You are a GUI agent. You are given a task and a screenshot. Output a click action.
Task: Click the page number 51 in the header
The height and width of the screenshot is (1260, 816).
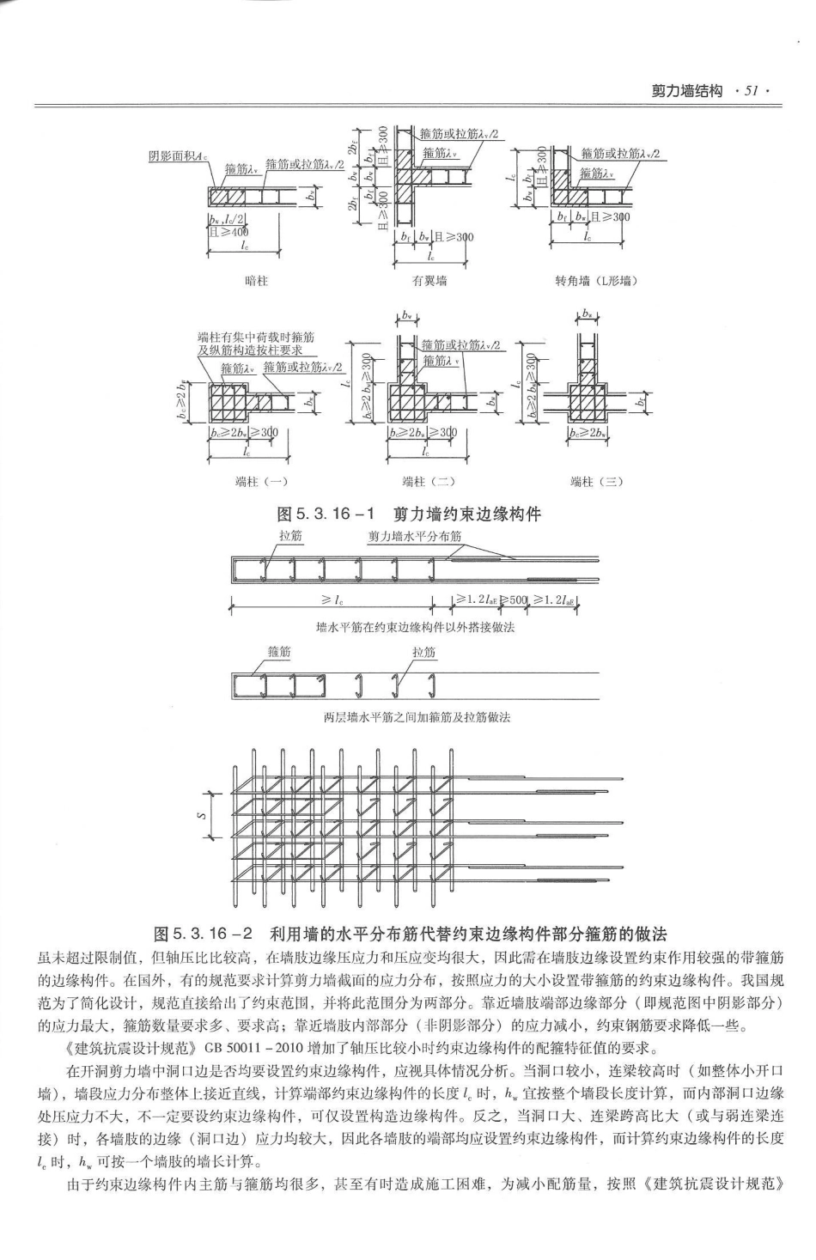tap(750, 90)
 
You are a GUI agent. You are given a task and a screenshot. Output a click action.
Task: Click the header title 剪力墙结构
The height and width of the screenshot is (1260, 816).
tap(686, 90)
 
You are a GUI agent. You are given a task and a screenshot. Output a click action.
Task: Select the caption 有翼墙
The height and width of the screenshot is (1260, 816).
tap(429, 281)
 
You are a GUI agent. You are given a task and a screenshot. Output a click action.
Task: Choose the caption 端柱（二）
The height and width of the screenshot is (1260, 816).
tap(429, 482)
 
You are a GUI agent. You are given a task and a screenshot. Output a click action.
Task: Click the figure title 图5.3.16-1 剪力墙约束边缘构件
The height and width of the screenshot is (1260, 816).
tap(408, 514)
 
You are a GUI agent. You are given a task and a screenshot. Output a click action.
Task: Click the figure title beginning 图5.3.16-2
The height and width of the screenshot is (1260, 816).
tap(409, 934)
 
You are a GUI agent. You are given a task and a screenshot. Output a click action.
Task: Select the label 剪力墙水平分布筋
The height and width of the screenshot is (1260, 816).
tap(416, 535)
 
